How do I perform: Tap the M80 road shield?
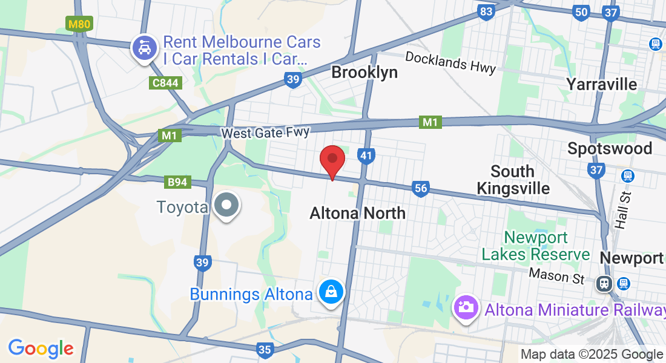pos(79,24)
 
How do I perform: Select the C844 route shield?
pos(165,82)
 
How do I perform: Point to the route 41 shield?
pos(366,155)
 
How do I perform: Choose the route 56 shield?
pos(421,189)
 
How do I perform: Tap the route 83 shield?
pos(486,12)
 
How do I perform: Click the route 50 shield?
pos(581,12)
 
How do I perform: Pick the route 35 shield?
pos(265,349)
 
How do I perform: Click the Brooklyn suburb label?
pos(364,73)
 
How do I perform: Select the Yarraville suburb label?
pos(601,84)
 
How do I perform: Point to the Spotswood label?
pos(610,148)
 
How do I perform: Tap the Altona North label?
pos(357,213)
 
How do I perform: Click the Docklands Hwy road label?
pos(450,62)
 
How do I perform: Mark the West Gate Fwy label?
pos(265,132)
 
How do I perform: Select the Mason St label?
pos(556,275)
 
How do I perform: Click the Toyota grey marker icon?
pos(226,205)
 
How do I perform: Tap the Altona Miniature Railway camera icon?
pos(465,307)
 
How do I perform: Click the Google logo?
pos(41,349)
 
